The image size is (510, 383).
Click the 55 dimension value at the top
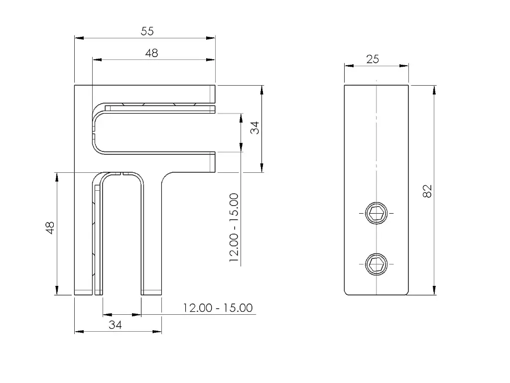tap(147, 31)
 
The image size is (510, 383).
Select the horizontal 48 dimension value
tap(151, 53)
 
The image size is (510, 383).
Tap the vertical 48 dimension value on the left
tap(50, 228)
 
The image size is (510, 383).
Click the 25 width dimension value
tap(373, 59)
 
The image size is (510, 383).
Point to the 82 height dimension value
tap(427, 191)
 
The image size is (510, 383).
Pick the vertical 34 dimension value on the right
tap(255, 128)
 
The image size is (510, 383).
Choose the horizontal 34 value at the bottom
tap(115, 324)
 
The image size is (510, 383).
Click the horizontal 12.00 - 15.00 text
tap(218, 308)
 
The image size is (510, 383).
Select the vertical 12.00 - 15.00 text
tap(234, 228)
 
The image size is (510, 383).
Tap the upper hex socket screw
tap(377, 213)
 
